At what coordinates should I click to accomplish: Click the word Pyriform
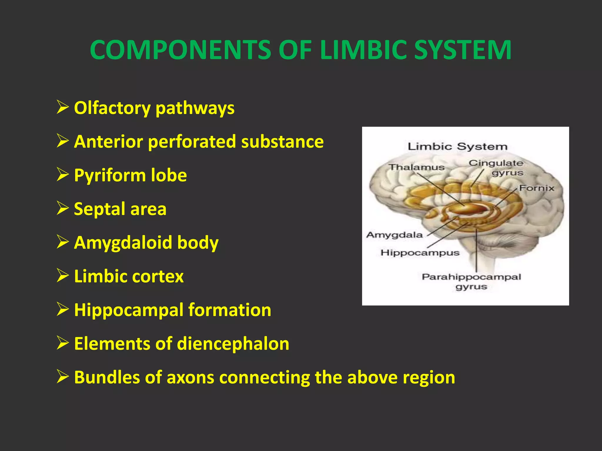coord(109,176)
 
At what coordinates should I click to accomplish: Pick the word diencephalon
coord(233,344)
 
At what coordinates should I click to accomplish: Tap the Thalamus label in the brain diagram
coord(417,167)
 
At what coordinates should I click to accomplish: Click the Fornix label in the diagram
coord(536,188)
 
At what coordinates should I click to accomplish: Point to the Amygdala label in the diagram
coord(394,235)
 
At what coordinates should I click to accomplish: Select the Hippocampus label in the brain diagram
coord(420,253)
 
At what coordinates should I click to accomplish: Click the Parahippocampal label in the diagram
coord(471,277)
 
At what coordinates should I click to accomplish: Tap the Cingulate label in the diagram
coord(496,163)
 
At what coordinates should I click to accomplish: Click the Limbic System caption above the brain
coord(457,146)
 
